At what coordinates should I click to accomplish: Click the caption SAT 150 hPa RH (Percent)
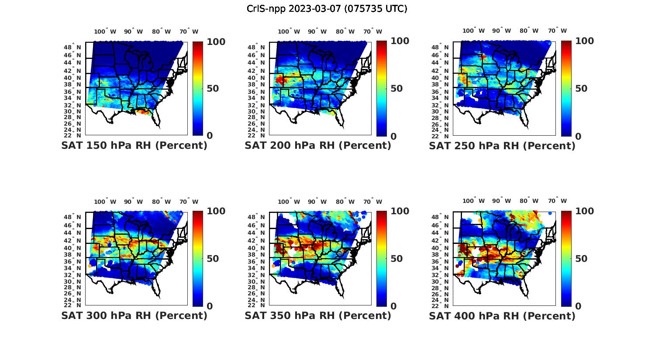[134, 146]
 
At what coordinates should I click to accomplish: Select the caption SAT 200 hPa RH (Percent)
[318, 146]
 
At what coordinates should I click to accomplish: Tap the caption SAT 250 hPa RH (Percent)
[502, 146]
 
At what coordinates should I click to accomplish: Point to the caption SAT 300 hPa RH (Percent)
[134, 315]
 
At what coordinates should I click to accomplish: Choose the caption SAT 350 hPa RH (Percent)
[318, 315]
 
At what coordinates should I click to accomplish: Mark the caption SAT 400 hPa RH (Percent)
[502, 315]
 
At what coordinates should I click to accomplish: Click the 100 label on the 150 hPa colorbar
[216, 42]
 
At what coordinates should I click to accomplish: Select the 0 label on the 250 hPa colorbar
[578, 136]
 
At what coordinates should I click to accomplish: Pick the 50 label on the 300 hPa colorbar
[212, 259]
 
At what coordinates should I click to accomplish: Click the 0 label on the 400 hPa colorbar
[578, 306]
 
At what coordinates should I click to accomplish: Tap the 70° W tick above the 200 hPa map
[372, 31]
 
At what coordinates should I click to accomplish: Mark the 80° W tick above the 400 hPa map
[529, 201]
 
